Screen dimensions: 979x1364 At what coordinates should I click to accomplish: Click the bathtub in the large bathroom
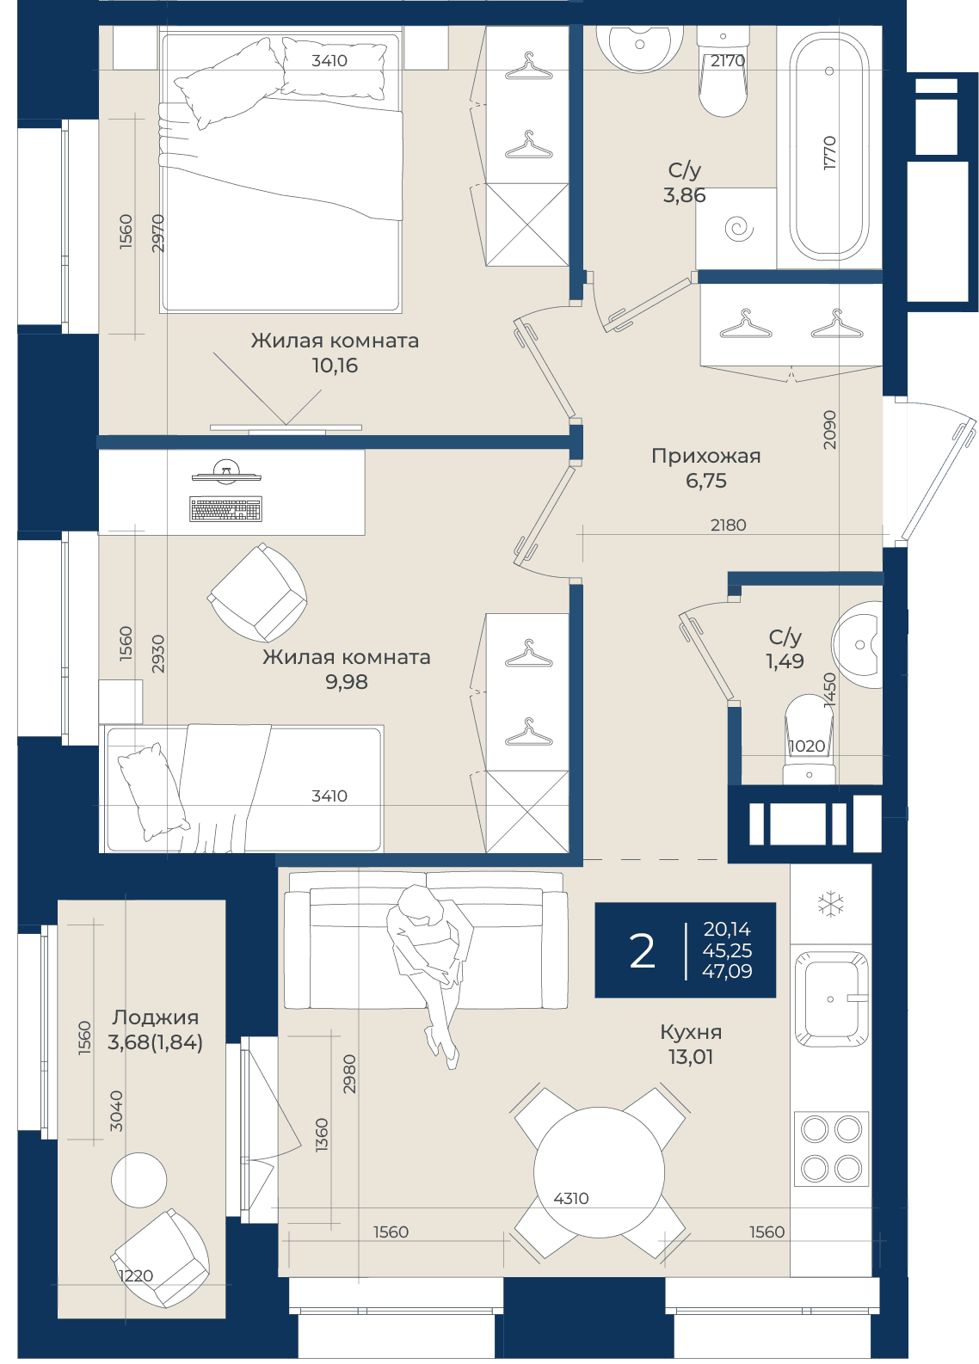828,145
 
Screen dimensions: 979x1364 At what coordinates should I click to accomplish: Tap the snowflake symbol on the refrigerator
830,904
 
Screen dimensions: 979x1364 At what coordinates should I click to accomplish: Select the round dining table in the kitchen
599,1171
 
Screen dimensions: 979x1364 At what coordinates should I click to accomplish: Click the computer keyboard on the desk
226,509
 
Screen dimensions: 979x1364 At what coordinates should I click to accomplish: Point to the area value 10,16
335,366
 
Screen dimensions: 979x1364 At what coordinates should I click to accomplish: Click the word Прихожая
705,456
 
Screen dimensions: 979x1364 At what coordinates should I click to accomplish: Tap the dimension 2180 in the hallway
728,525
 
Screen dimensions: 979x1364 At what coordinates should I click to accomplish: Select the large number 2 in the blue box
642,951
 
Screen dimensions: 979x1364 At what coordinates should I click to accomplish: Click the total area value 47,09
727,971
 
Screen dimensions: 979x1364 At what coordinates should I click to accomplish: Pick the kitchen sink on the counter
830,998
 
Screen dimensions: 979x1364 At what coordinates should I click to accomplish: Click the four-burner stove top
831,1148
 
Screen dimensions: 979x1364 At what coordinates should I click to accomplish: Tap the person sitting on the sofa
430,975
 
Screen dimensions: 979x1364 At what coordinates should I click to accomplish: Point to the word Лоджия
156,1017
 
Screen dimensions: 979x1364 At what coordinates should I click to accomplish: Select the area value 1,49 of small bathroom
785,660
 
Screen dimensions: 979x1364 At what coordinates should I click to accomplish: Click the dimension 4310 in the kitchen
571,1198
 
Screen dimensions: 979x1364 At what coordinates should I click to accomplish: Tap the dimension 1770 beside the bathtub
829,153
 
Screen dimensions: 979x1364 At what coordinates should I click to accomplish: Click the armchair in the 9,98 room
258,593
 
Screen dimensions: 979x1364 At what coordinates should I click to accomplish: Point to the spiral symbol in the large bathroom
738,229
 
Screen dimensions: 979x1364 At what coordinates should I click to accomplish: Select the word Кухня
691,1031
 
